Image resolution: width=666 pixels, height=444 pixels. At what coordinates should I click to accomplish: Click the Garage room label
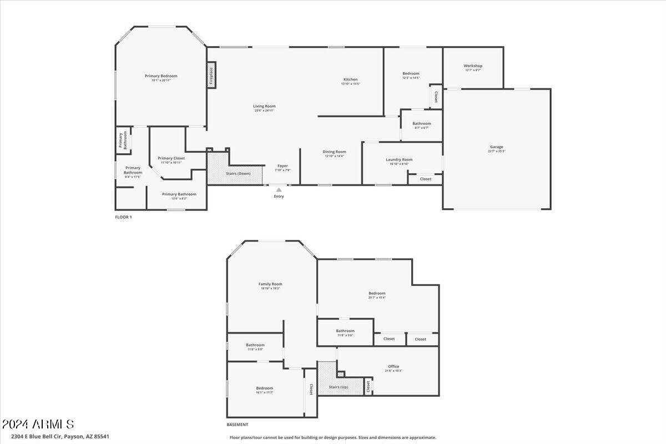[x=496, y=147]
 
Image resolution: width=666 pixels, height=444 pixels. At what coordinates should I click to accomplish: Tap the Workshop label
[x=473, y=66]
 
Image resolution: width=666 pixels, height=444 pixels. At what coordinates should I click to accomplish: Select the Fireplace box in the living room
[x=211, y=74]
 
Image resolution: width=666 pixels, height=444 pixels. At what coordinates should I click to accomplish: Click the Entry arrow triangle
[x=279, y=190]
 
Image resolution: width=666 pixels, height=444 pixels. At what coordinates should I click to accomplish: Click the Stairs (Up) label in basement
[x=338, y=386]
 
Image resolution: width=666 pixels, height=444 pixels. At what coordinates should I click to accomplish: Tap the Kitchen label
[x=350, y=79]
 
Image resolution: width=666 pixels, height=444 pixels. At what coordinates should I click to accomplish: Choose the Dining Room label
[x=335, y=152]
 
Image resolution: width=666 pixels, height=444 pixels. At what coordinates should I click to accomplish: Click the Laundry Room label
[x=399, y=159]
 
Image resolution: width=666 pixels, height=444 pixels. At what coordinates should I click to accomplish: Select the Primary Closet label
[x=171, y=158]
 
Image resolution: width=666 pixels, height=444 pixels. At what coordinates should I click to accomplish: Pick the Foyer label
[x=282, y=165]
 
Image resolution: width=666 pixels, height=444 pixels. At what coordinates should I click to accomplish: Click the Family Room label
[x=270, y=284]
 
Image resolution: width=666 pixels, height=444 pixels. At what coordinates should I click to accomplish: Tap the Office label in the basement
[x=393, y=366]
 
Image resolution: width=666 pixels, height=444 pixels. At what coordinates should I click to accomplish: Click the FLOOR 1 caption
[x=123, y=217]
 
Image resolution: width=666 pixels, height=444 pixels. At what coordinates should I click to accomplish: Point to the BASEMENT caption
[x=237, y=425]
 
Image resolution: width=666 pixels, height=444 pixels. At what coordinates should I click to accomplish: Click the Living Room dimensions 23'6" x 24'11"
[x=264, y=110]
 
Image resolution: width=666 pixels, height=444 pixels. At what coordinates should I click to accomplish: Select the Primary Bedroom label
[x=161, y=76]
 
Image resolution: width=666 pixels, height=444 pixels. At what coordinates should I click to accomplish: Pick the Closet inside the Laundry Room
[x=425, y=179]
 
